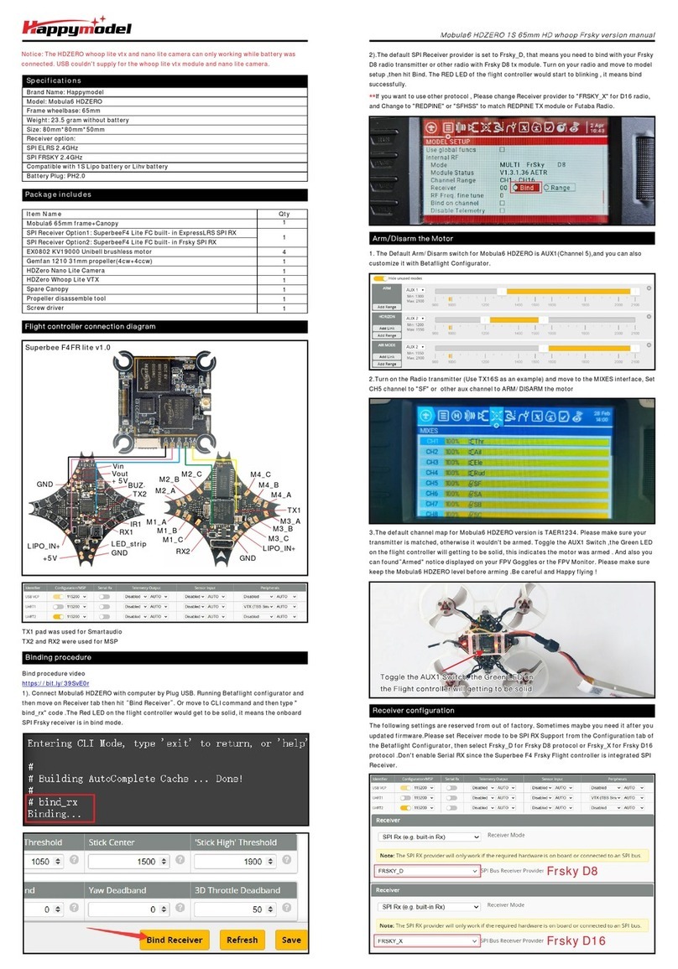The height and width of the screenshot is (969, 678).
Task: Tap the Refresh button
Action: (x=243, y=940)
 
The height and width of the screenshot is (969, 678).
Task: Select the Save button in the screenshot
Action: (x=291, y=940)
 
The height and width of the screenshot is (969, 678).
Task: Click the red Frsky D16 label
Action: (x=576, y=940)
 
